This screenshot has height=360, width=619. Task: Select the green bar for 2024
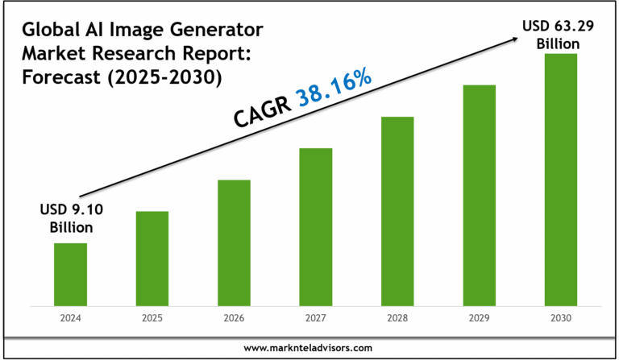click(x=70, y=275)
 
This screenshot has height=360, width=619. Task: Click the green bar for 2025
click(x=152, y=259)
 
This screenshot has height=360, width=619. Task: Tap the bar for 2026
click(x=234, y=242)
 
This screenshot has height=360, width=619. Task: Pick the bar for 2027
click(x=315, y=227)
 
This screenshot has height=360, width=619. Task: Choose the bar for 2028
click(x=397, y=211)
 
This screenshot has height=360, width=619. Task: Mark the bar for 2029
click(x=479, y=195)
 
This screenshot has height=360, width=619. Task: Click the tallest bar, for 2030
click(x=561, y=180)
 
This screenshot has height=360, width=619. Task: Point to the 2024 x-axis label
click(x=70, y=318)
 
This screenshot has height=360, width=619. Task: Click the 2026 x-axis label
click(x=234, y=318)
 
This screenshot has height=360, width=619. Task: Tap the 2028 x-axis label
click(x=397, y=318)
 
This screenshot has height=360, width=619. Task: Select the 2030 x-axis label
click(x=561, y=318)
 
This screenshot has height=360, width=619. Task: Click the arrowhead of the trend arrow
click(x=512, y=37)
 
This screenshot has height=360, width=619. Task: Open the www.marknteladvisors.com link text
click(x=308, y=347)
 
